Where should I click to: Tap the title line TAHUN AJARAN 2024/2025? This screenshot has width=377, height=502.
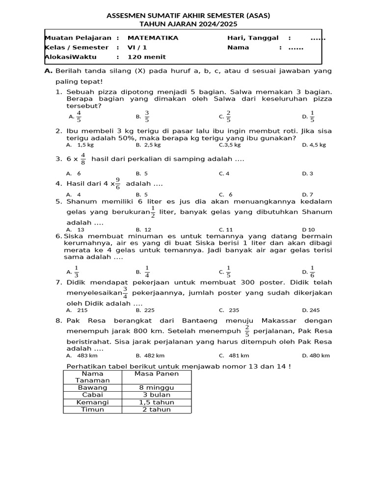click(x=188, y=24)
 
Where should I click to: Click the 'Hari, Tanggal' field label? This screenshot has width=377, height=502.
click(x=253, y=38)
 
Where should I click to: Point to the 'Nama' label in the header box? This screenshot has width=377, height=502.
click(x=238, y=48)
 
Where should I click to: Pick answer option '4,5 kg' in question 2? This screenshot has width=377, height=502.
click(x=314, y=145)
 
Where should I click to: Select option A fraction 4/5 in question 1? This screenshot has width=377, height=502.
click(x=79, y=117)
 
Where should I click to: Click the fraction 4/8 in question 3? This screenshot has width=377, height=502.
click(x=82, y=159)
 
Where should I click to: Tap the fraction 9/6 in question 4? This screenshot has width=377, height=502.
click(x=117, y=184)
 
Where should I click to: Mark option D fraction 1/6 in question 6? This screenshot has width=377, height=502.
click(x=313, y=272)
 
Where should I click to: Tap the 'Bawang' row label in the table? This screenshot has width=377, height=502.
click(x=92, y=387)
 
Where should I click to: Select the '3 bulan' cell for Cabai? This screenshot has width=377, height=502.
click(x=157, y=395)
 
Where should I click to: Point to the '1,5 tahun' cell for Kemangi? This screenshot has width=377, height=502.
click(x=157, y=402)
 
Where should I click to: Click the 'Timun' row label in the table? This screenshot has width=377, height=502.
click(x=92, y=409)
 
